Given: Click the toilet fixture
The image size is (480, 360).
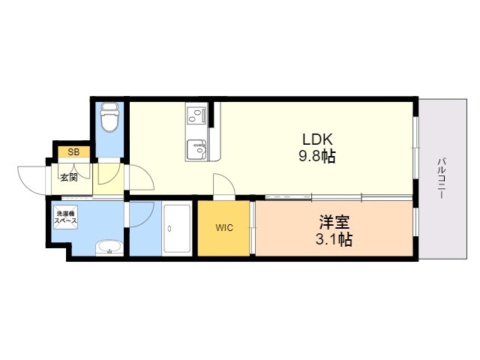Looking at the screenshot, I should pos(110,118).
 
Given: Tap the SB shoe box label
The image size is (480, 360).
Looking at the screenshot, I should pos(73,151).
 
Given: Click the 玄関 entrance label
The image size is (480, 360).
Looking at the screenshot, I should pos(70,178).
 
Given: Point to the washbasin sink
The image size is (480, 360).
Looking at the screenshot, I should pos(109,247).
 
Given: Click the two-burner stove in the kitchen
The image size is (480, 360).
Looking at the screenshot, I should pos(197,116).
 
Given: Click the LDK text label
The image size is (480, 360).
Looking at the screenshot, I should pos(317,139).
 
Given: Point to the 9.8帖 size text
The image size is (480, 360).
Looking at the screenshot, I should pos(317,157).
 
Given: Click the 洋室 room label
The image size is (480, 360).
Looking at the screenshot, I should pos(334,223).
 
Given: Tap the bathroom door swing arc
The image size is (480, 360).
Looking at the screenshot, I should pos(142,212).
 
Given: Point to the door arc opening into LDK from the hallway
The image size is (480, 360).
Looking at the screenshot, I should pos(142,177).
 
